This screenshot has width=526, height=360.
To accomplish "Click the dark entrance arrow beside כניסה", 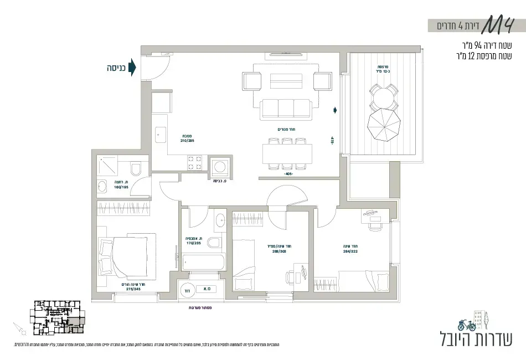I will [132, 68].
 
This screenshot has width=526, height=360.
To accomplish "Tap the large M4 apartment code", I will [502, 25].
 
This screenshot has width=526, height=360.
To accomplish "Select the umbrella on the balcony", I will [383, 125].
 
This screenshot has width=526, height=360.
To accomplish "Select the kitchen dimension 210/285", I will [187, 141].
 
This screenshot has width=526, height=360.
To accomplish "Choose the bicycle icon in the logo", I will [467, 324].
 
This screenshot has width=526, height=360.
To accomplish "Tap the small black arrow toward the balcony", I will [334, 110].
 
